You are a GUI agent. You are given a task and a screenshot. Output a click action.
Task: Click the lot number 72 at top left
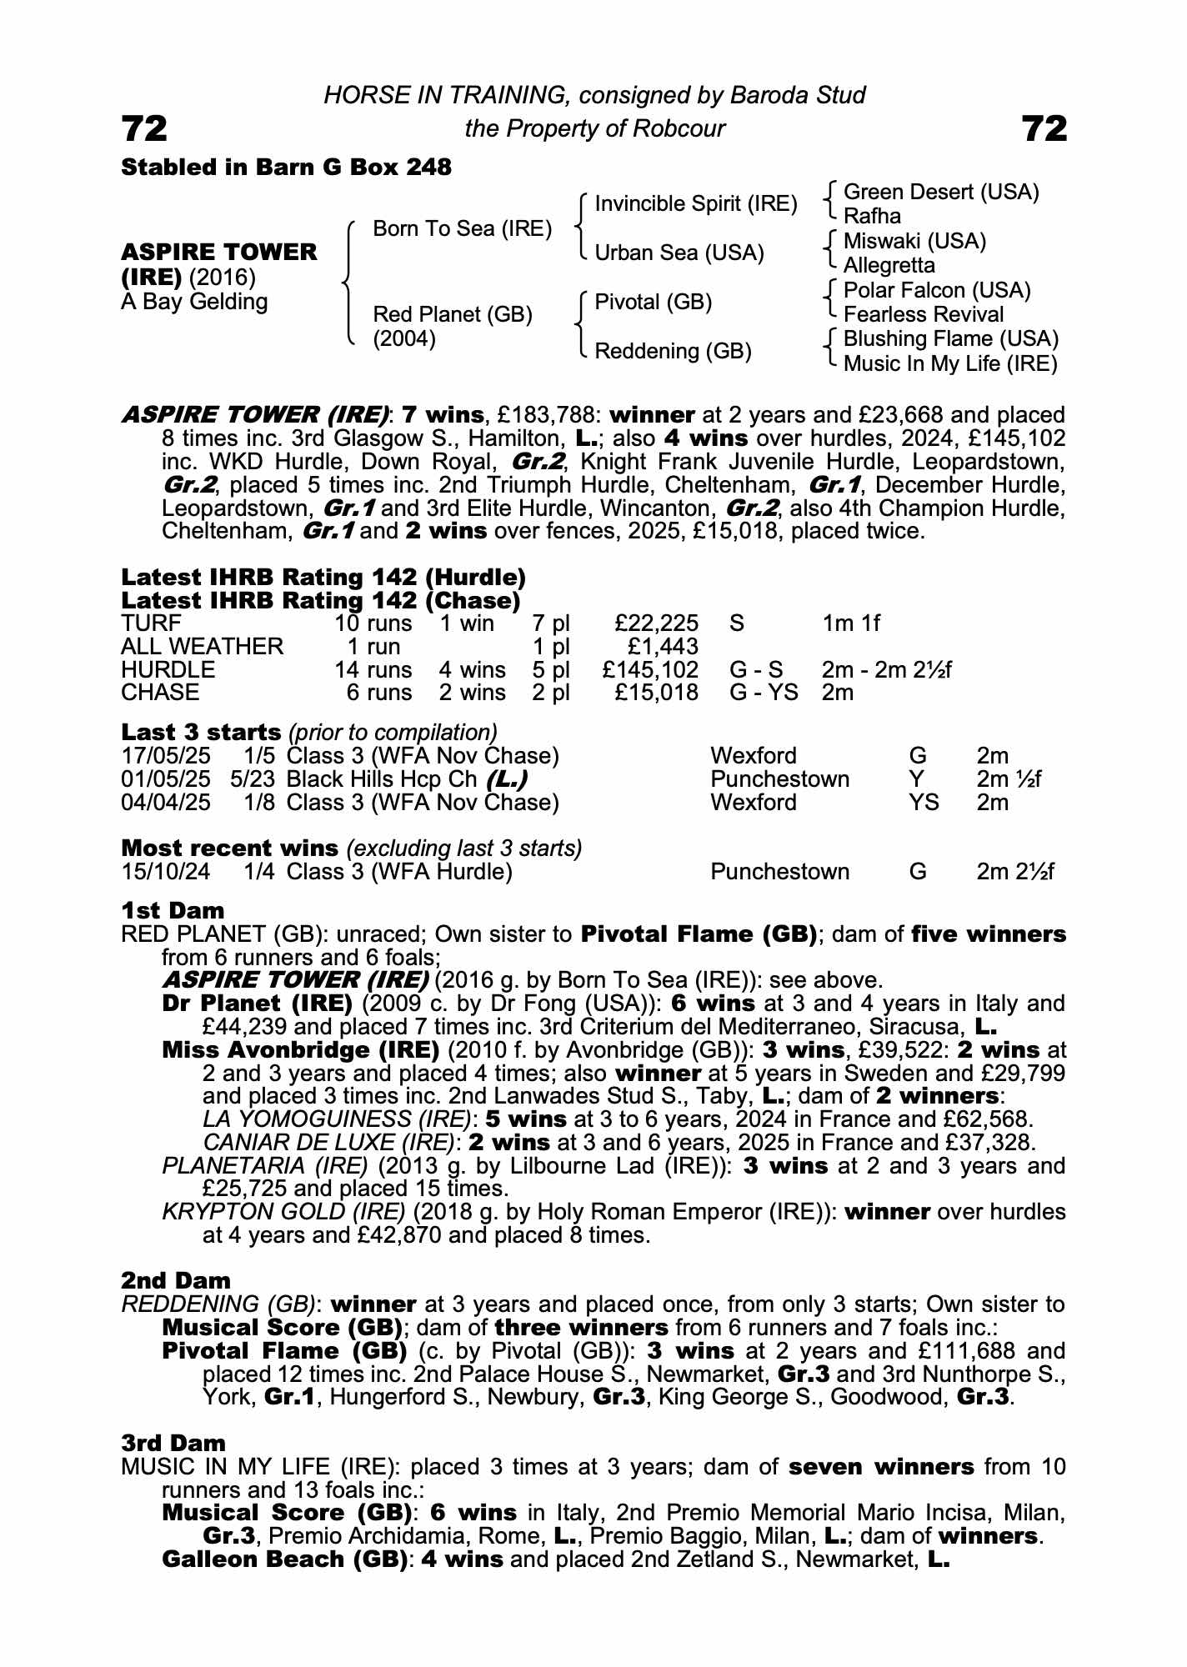[x=144, y=128]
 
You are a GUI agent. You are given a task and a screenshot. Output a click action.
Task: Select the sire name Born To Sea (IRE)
[x=462, y=229]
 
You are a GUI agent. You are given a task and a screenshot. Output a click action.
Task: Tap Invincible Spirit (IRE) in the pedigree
[x=695, y=204]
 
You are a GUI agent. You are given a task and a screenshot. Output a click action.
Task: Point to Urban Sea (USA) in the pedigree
[x=679, y=253]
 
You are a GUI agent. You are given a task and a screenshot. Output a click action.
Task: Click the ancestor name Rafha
[x=872, y=217]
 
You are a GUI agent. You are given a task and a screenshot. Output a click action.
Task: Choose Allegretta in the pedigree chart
[x=889, y=266]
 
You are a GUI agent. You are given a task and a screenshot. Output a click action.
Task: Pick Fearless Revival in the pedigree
[x=923, y=314]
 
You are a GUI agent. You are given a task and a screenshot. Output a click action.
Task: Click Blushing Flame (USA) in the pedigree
[x=950, y=339]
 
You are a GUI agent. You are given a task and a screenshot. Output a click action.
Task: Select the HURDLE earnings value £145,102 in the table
[x=650, y=670]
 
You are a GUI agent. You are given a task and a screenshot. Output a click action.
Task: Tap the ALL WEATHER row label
[x=202, y=647]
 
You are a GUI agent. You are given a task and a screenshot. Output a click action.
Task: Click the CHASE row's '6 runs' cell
[x=379, y=693]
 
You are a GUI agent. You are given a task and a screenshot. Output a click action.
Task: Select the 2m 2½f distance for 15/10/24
[x=1015, y=872]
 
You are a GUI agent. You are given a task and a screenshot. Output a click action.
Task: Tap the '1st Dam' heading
[x=173, y=910]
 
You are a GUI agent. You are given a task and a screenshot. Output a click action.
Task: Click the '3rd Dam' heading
[x=173, y=1443]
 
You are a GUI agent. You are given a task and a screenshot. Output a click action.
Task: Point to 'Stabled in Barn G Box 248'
[x=286, y=168]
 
